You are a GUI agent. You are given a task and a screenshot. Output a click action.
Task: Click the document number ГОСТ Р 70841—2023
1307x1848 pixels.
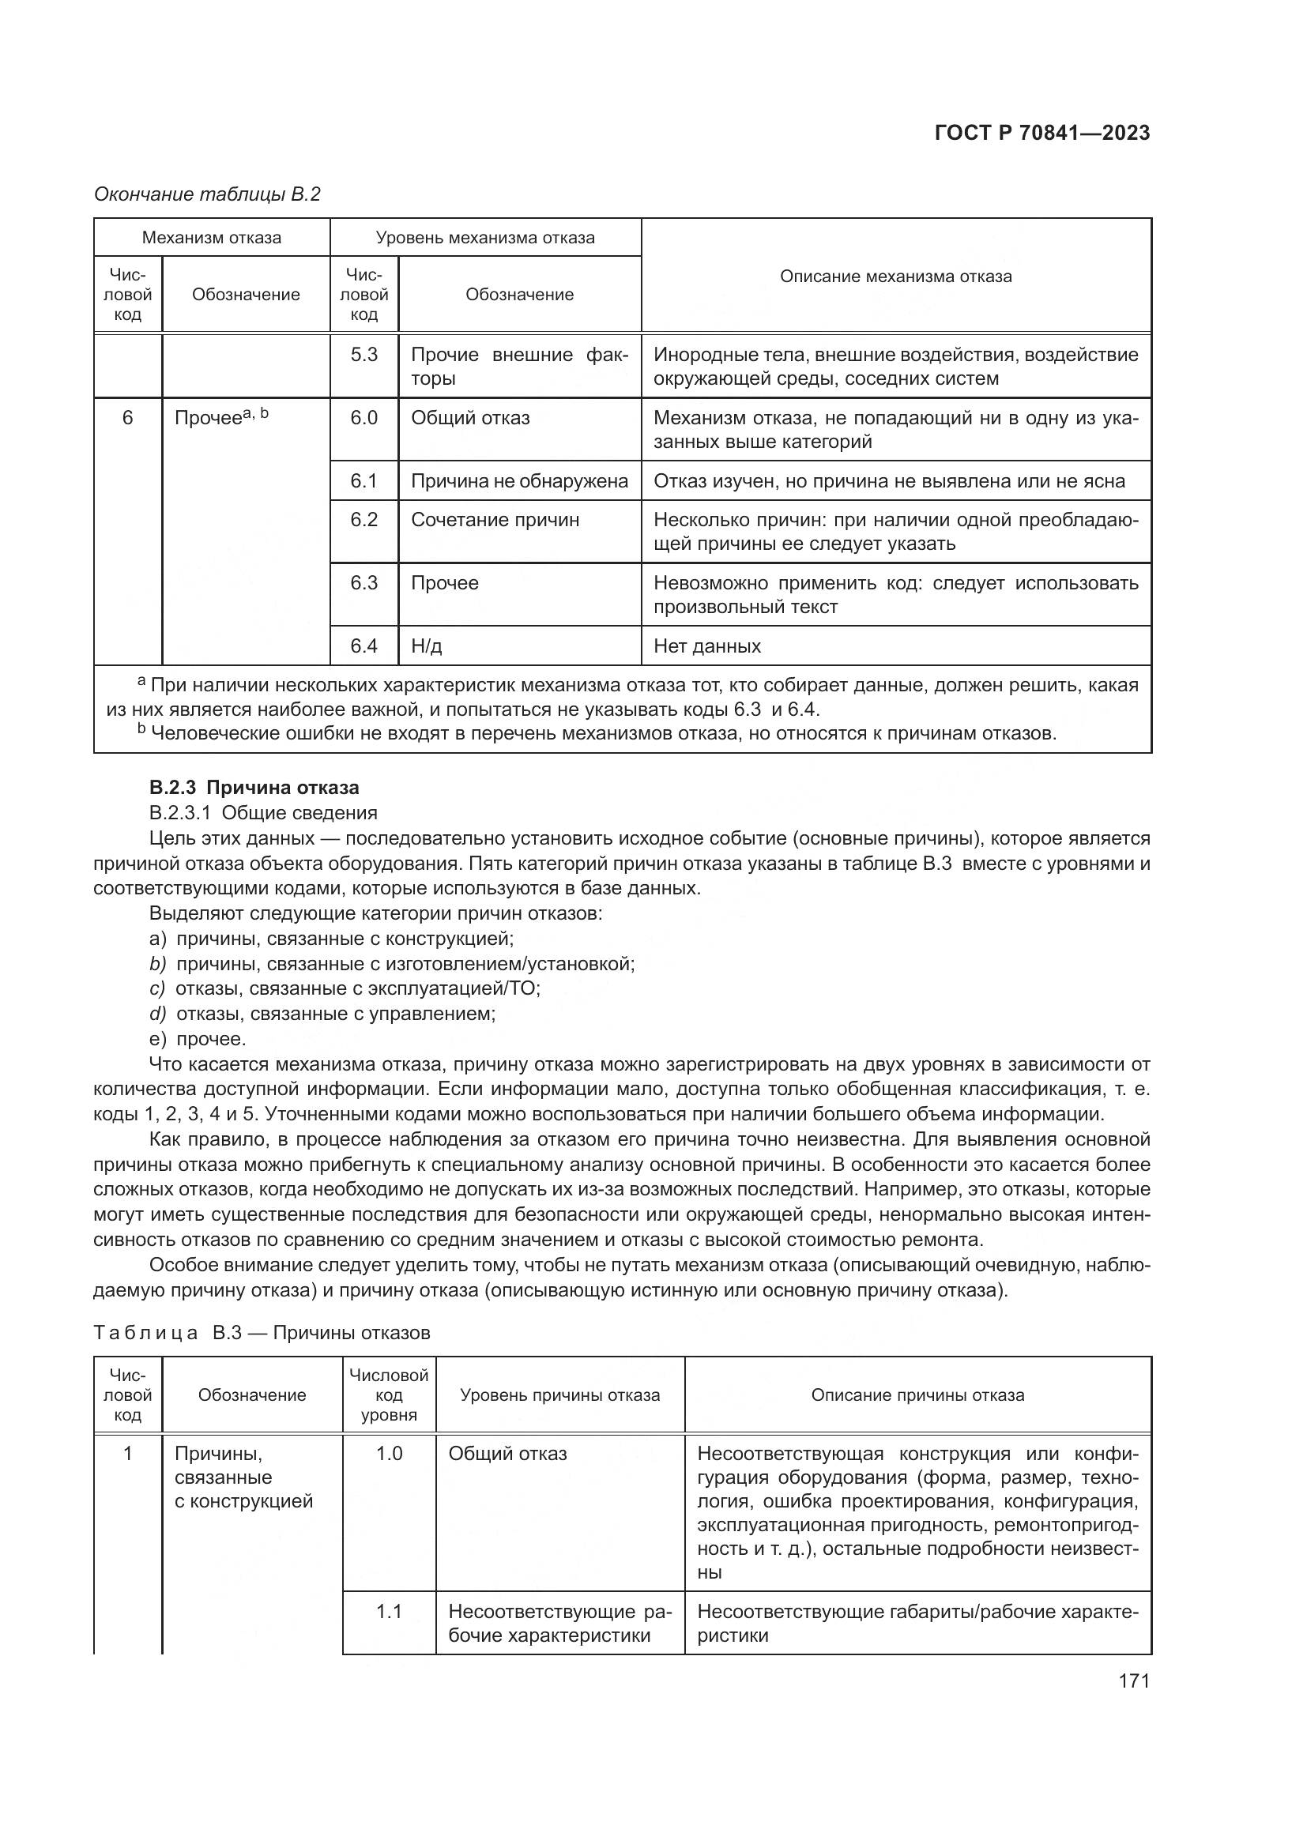1042,134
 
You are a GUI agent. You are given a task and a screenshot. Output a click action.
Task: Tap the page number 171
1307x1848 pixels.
1133,1681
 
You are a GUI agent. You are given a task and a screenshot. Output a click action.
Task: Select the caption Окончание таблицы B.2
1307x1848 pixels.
207,195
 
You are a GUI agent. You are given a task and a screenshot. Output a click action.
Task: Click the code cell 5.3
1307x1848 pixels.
363,355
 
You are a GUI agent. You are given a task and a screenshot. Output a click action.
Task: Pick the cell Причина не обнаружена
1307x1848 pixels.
519,481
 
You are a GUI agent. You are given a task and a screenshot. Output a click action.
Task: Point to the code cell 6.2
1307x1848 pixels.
363,520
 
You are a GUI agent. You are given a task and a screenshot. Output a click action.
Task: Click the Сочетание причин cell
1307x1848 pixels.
495,520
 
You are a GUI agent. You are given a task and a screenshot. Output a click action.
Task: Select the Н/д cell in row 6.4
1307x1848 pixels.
427,646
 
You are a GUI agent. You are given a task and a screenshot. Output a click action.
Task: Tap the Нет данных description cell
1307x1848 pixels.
706,646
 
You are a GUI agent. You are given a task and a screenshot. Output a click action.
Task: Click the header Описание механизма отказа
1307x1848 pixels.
896,277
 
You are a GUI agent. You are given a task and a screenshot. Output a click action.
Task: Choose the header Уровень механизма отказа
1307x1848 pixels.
485,238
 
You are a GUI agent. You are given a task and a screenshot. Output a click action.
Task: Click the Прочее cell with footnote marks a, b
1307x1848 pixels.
221,418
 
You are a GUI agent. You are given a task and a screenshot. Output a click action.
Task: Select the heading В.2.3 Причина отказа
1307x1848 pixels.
254,787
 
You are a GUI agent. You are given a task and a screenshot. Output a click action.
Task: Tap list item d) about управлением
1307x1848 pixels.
322,1014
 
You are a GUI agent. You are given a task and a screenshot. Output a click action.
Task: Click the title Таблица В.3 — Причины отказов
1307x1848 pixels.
262,1333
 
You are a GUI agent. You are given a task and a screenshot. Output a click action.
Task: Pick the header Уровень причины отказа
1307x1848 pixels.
559,1394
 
